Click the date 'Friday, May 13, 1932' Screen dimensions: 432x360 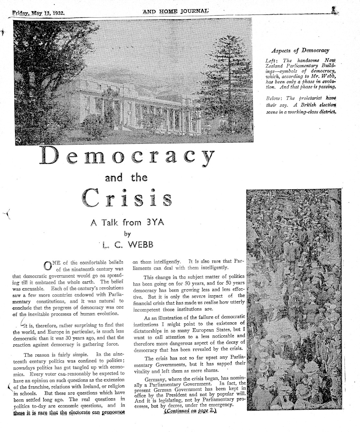click(x=38, y=14)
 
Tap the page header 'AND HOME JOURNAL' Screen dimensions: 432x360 click(x=175, y=12)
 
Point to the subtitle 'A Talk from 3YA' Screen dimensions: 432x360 click(x=126, y=222)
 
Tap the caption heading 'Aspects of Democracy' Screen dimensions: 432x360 click(x=300, y=50)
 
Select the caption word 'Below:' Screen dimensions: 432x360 click(x=273, y=98)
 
